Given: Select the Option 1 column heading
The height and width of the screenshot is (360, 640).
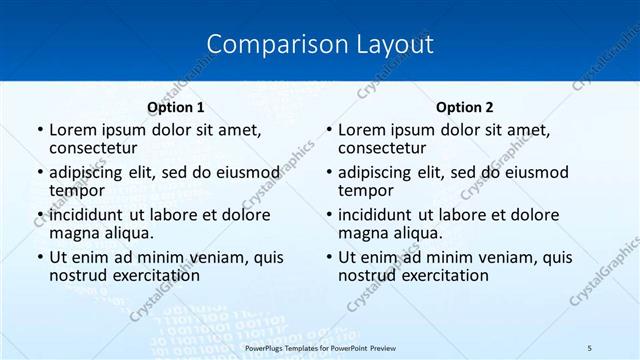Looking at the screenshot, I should pos(176,106).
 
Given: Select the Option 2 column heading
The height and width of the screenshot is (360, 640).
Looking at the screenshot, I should pos(464,106).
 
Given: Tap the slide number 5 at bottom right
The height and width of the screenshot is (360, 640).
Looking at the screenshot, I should pos(590,347).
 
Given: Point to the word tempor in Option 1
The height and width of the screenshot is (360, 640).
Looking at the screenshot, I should pos(77,190).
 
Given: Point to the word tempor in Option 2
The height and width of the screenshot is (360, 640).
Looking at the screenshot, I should pos(366,190).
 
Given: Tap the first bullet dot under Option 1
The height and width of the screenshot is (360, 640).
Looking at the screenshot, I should pos(39,130).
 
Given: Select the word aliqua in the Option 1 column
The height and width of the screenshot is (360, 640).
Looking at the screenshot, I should pos(129,232).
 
